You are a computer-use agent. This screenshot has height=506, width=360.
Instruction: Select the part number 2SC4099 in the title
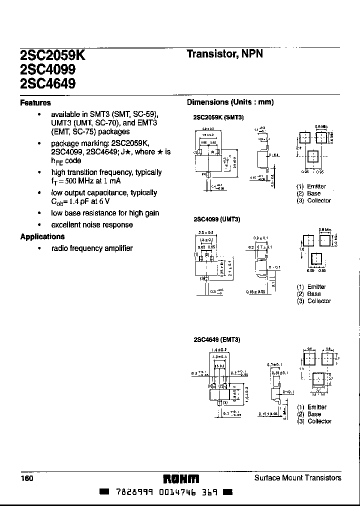48,70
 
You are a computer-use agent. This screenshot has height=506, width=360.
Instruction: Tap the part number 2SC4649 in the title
48,83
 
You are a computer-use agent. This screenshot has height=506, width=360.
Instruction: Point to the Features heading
35,103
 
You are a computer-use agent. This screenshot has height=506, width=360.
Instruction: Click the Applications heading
42,236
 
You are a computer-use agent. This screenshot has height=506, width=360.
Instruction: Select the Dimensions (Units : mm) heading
230,102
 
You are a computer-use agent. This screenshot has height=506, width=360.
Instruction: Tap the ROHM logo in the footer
181,478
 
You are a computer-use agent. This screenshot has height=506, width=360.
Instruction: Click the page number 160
27,478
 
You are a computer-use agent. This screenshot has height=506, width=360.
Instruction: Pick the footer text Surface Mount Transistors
298,478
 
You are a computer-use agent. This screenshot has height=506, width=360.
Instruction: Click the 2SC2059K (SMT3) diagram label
218,117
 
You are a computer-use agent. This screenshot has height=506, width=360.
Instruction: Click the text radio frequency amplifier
92,248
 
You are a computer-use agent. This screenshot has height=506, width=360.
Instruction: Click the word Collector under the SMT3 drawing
319,200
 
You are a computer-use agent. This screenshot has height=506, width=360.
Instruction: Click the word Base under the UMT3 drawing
314,294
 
